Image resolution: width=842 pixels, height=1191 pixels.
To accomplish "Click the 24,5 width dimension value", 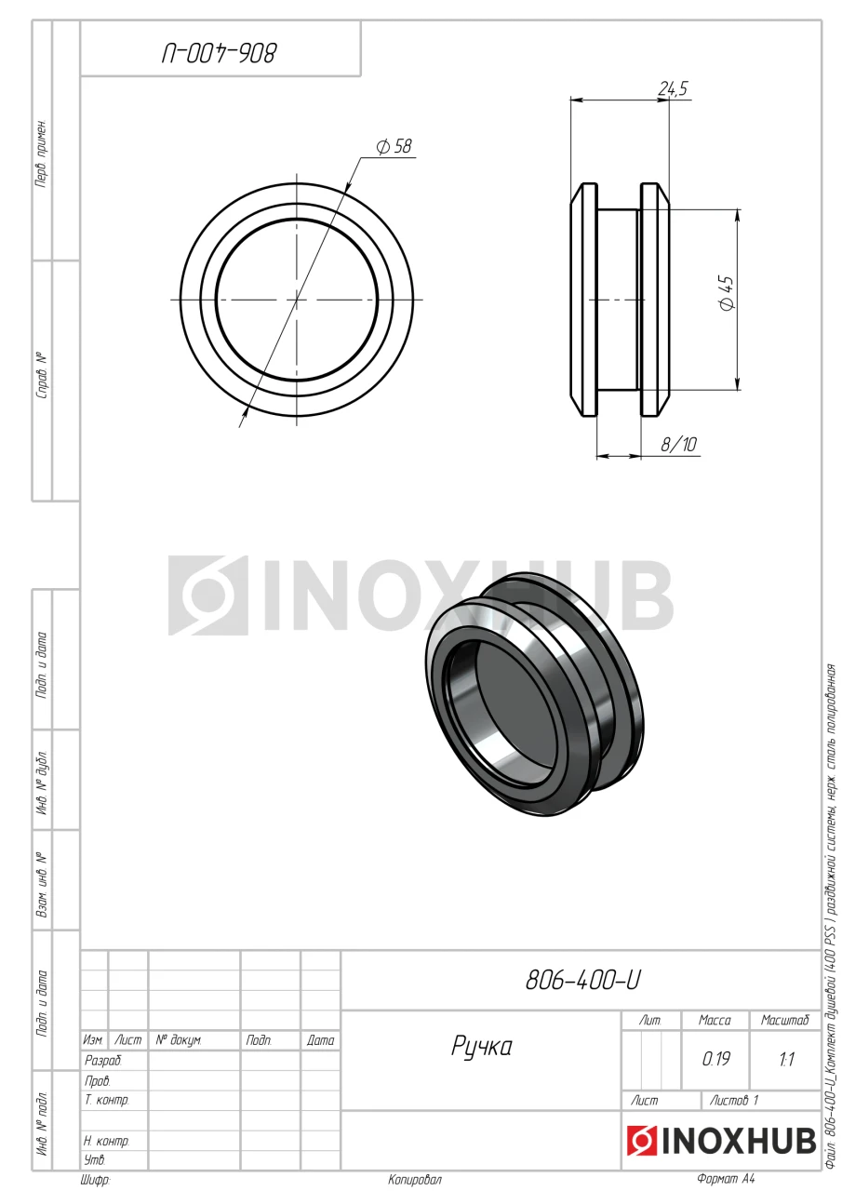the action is (x=673, y=88).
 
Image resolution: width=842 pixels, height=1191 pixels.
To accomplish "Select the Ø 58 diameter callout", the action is (x=394, y=146).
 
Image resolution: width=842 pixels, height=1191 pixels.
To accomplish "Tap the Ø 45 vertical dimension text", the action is (x=726, y=293).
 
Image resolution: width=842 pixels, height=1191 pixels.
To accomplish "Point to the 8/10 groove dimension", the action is (x=678, y=444).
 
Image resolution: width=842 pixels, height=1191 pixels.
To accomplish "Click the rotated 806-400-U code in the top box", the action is (x=219, y=54).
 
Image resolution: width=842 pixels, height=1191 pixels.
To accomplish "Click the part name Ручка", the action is (x=482, y=1047).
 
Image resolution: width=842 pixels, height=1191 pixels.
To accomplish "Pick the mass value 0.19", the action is (x=716, y=1059).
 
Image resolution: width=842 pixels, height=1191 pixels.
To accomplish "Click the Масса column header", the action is (x=715, y=1021).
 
